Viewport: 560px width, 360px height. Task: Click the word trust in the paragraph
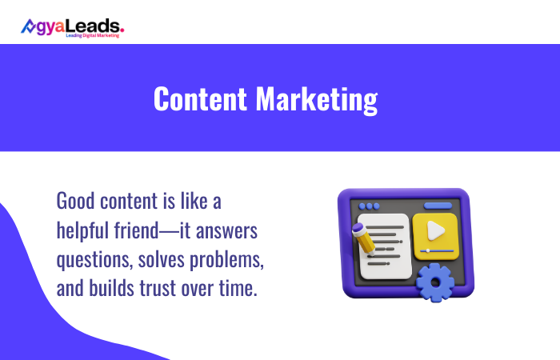coord(163,289)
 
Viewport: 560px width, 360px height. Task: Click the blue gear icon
coord(435,282)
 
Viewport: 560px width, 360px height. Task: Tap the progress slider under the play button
coord(434,250)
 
